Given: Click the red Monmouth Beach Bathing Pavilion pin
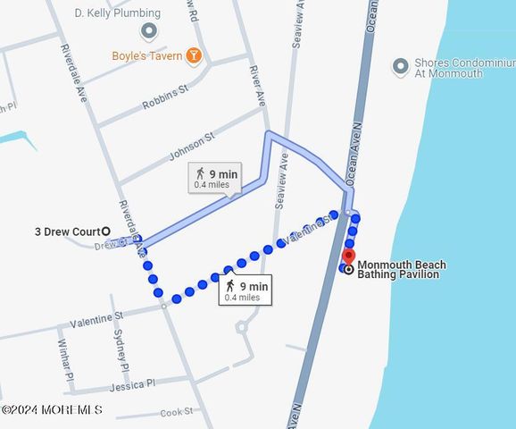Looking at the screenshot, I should pos(348,256).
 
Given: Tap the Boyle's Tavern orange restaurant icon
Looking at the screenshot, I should pos(194,55).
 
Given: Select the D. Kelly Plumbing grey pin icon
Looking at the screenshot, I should pos(148,31).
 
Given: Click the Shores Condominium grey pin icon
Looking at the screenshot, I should pos(401,65).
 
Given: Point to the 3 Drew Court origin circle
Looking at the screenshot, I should pos(106,231).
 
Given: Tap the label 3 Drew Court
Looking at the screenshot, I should pos(67,232).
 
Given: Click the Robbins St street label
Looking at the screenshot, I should pos(165,97).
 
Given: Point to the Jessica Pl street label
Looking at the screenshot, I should pos(132,385).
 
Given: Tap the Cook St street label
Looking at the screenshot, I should pos(177,412).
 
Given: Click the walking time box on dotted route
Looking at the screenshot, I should pos(246,290).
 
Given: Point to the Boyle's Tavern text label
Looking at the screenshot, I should pos(146,55).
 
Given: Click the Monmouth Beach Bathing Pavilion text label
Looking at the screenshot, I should pos(402,270).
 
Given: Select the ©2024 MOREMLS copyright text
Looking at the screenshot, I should pos(51,410).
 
